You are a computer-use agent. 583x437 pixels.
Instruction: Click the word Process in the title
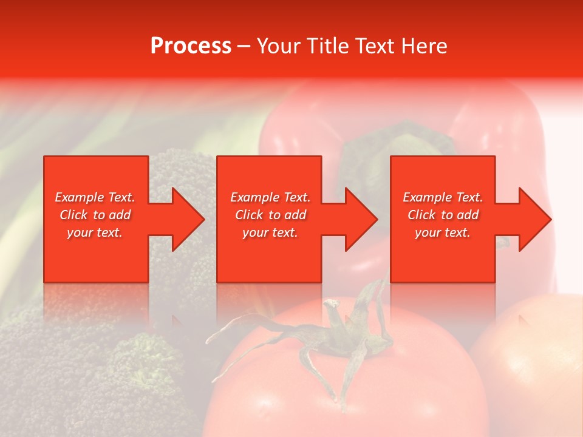pos(191,46)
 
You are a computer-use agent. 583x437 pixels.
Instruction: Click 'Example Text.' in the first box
pos(95,197)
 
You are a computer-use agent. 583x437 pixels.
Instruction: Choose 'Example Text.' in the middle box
pos(270,197)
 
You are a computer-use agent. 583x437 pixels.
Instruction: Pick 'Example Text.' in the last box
pos(443,197)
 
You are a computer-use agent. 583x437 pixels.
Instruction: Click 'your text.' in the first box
pos(95,232)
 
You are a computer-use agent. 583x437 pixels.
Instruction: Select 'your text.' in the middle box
pos(270,232)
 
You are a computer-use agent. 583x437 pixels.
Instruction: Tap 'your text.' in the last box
pos(443,232)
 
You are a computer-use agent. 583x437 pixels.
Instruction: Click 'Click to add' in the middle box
pos(270,215)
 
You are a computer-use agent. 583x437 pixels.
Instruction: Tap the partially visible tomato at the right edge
pos(534,364)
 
